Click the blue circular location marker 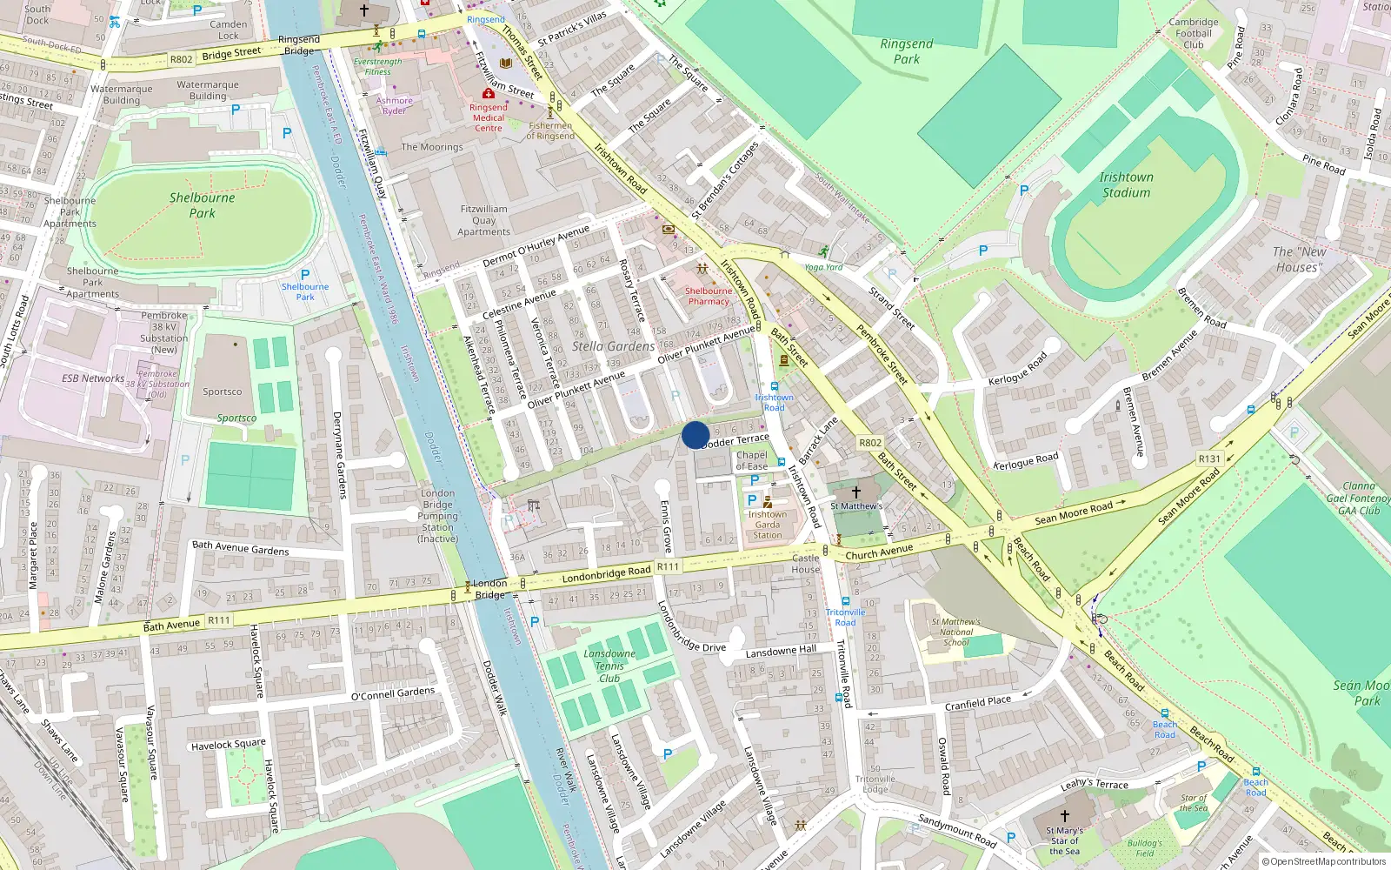(x=695, y=434)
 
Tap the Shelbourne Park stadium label (x=202, y=205)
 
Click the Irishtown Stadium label (x=1126, y=184)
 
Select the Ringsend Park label (x=906, y=51)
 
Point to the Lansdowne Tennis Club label (x=609, y=666)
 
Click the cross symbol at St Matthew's (x=856, y=492)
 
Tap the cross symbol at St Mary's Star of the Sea (x=1065, y=816)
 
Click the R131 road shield (x=1209, y=458)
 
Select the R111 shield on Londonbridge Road (x=667, y=566)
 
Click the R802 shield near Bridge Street (x=181, y=59)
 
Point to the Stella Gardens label (x=613, y=346)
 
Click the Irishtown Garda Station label (x=767, y=525)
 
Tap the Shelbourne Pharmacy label (x=709, y=296)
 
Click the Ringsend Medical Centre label (x=489, y=117)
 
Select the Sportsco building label (x=223, y=391)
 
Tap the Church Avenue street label (x=879, y=552)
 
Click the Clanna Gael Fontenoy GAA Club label (x=1359, y=499)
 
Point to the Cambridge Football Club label (x=1194, y=34)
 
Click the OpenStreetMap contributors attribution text (x=1324, y=862)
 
